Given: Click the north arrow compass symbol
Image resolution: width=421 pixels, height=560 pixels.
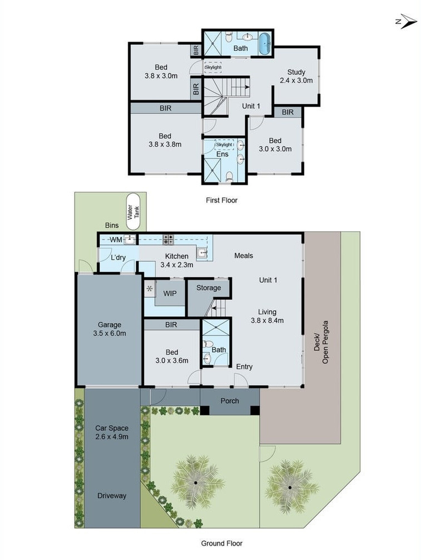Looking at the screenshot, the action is click(407, 21).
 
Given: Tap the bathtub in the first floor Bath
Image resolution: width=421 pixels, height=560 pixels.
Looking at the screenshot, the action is click(265, 44).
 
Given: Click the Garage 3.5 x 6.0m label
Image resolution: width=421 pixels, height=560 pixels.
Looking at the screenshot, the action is click(109, 329).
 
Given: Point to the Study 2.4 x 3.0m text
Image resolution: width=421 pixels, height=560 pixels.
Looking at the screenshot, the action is click(296, 76).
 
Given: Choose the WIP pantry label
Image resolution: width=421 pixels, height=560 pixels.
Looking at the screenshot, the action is click(170, 293).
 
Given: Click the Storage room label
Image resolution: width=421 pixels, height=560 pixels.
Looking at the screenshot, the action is click(209, 288).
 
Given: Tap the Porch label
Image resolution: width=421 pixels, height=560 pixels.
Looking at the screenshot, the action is click(230, 401).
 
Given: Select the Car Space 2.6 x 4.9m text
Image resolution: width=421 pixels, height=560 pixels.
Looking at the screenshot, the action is click(112, 432).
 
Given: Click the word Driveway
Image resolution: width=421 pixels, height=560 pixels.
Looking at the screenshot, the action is click(112, 496).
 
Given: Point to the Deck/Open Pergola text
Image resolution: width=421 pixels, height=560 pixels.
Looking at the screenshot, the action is click(321, 342).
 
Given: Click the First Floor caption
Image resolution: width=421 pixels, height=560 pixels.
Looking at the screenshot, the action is click(222, 200).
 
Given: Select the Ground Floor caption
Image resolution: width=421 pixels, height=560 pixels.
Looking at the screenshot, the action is click(222, 543).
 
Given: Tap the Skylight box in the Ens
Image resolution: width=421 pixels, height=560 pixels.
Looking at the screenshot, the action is click(224, 145).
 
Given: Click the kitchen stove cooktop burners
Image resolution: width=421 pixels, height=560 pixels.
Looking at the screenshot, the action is click(168, 239).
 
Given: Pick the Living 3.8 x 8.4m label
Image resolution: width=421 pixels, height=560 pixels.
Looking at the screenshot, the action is click(267, 316).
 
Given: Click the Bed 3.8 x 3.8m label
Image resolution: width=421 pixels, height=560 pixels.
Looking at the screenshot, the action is click(165, 140).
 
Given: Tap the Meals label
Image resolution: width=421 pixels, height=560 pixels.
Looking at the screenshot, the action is click(244, 256).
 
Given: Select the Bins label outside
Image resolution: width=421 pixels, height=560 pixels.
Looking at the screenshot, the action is click(112, 225).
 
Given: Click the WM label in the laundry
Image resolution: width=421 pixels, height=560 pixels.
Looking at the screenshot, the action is click(116, 239).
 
